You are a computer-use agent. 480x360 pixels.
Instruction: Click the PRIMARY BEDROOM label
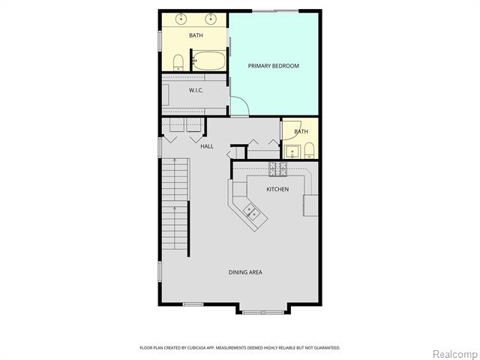click(x=274, y=66)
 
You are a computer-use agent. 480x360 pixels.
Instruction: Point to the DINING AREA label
click(x=245, y=271)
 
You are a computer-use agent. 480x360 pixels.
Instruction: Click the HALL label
click(x=207, y=146)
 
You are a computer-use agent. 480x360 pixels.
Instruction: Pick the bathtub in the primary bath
click(x=209, y=60)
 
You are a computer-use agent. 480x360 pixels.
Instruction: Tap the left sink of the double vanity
click(x=181, y=18)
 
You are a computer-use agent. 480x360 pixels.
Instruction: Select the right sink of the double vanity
click(x=211, y=18)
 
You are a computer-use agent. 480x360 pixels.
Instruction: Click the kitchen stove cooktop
click(x=279, y=168)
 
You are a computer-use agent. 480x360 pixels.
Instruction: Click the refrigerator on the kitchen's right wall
click(x=310, y=205)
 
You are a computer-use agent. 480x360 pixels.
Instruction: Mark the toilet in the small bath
click(x=308, y=151)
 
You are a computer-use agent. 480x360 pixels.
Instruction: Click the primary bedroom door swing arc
click(x=238, y=107)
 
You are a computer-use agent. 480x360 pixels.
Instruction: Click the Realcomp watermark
click(x=454, y=352)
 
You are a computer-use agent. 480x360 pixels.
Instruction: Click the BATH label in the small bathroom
click(x=301, y=132)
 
